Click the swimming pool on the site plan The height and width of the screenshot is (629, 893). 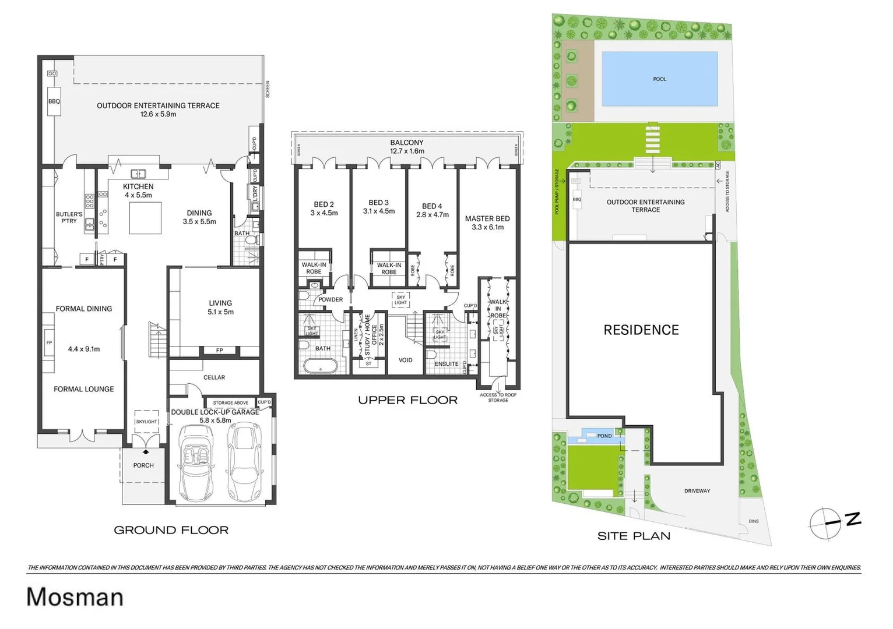[659, 79]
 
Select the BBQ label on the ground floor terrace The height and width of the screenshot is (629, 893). [54, 101]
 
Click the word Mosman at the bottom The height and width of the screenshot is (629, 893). [75, 598]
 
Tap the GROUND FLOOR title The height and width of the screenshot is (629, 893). [171, 530]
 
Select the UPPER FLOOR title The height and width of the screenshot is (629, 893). [407, 400]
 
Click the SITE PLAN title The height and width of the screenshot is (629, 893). [634, 536]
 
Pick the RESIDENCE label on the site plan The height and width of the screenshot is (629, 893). [641, 330]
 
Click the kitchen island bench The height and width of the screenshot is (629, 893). [145, 218]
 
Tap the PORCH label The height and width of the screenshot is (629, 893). [143, 465]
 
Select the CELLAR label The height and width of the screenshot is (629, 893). [214, 377]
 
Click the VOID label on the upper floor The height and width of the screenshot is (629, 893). [405, 360]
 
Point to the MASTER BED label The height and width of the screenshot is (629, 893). [487, 218]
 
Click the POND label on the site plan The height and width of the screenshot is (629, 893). [604, 436]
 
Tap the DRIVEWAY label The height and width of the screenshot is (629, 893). [697, 491]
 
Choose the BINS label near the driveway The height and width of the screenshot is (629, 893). [754, 521]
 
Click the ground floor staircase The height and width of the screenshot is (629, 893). [158, 341]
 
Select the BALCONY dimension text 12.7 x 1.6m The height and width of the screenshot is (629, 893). [407, 151]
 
